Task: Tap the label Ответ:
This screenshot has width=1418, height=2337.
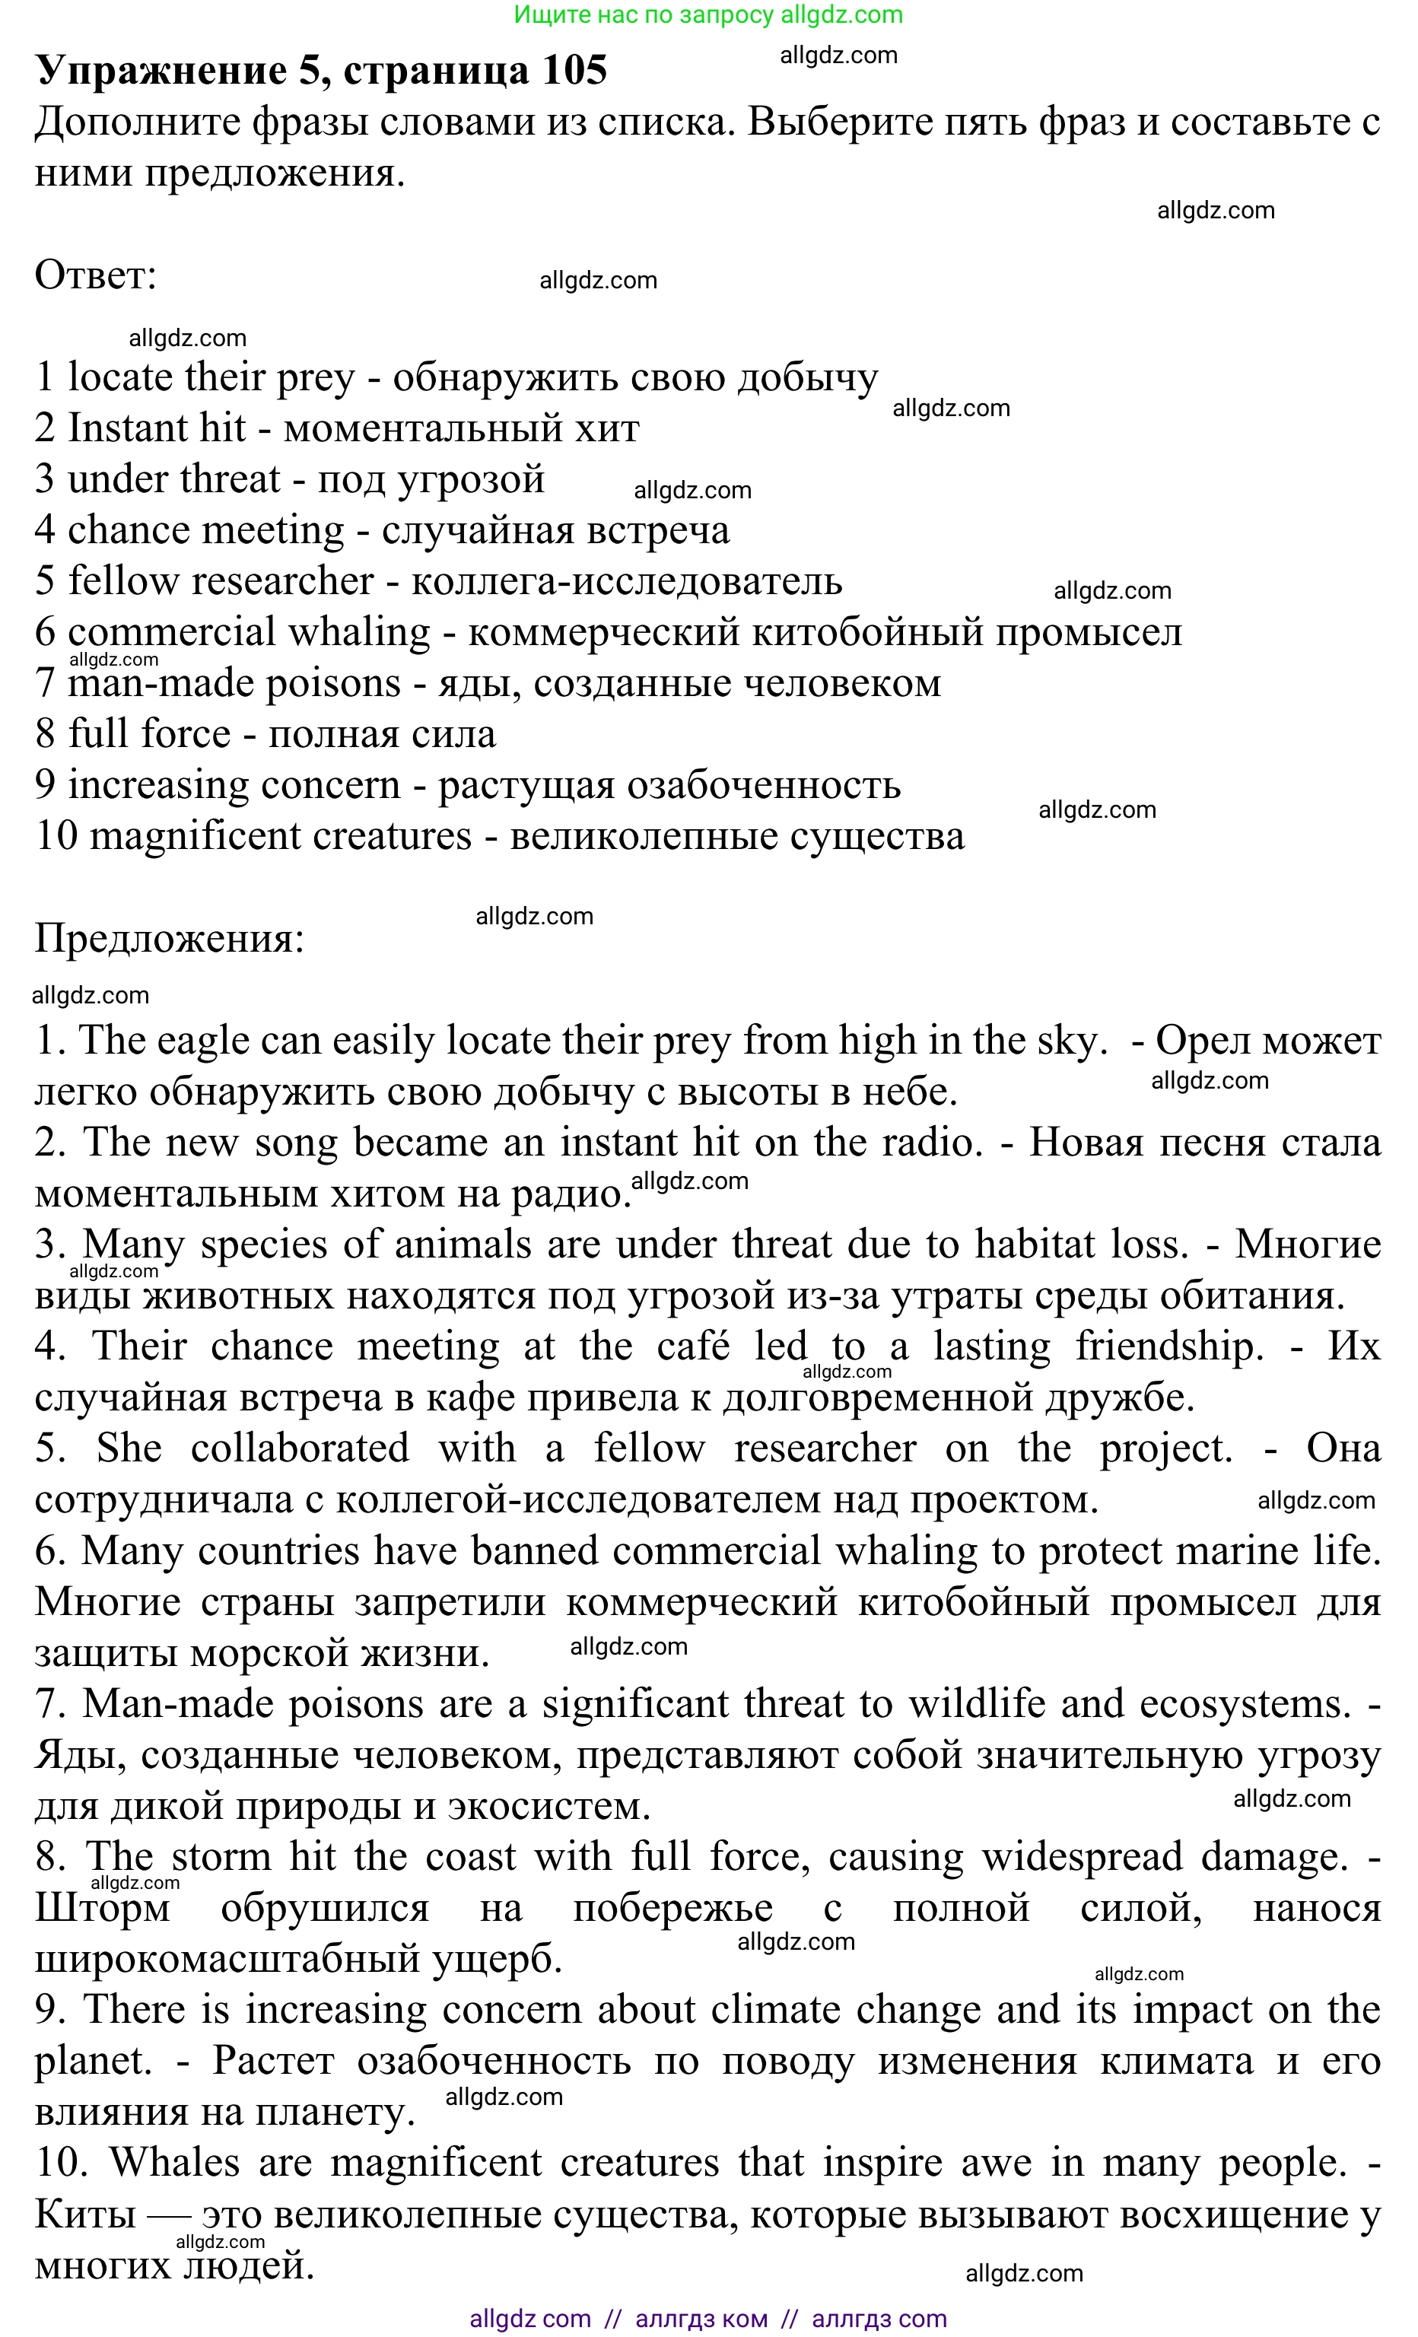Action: coord(95,276)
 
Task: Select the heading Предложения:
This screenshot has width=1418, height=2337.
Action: coord(170,939)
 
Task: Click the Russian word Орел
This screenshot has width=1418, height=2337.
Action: coord(1199,1041)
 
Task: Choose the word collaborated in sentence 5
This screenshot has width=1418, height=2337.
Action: coord(300,1449)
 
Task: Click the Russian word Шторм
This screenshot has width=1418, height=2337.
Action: coord(103,1908)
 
